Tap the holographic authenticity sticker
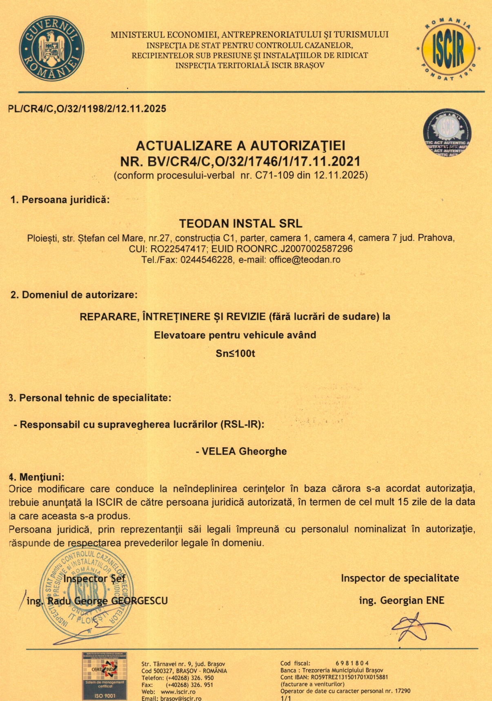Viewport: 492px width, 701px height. [x=447, y=133]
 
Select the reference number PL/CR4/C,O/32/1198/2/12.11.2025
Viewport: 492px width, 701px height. [x=87, y=109]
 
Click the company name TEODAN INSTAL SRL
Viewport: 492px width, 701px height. [x=241, y=224]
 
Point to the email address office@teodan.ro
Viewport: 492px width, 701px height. [x=305, y=260]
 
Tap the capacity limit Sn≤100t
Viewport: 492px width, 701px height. [x=235, y=353]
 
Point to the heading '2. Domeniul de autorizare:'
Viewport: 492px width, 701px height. [x=74, y=295]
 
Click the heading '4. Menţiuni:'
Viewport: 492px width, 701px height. [x=37, y=477]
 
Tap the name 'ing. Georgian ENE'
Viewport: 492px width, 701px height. [x=401, y=600]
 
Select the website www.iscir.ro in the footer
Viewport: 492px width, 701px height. [x=178, y=692]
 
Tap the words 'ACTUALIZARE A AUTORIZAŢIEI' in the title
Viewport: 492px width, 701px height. [x=240, y=146]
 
